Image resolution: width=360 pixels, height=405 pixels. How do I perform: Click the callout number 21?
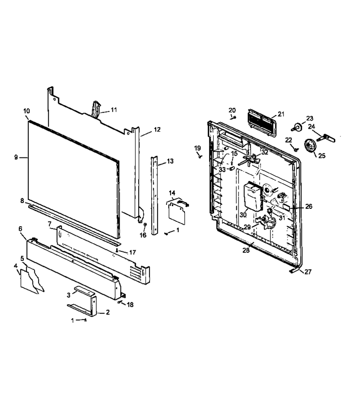point(281,114)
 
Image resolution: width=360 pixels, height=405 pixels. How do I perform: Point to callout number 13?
point(170,161)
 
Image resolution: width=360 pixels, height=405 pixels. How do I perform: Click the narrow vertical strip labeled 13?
point(155,195)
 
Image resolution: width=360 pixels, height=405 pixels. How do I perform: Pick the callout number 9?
point(16,157)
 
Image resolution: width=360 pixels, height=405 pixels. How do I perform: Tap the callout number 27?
point(308,272)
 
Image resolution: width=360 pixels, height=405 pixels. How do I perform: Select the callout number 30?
point(243,215)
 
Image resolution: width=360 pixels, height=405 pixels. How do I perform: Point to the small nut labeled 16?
point(145,224)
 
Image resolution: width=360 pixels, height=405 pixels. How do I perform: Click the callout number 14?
point(172,193)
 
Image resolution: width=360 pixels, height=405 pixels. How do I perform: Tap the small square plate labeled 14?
point(177,213)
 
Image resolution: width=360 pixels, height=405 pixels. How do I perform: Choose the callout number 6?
point(20,229)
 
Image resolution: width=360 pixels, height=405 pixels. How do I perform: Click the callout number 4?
point(16,265)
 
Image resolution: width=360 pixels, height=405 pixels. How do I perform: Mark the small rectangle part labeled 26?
point(286,206)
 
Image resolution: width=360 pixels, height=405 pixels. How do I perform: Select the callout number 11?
point(114,110)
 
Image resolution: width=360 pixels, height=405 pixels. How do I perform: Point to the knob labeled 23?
point(297,127)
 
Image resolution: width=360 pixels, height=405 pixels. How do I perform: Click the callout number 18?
point(130,305)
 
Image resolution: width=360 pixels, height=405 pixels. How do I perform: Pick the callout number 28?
point(246,250)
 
